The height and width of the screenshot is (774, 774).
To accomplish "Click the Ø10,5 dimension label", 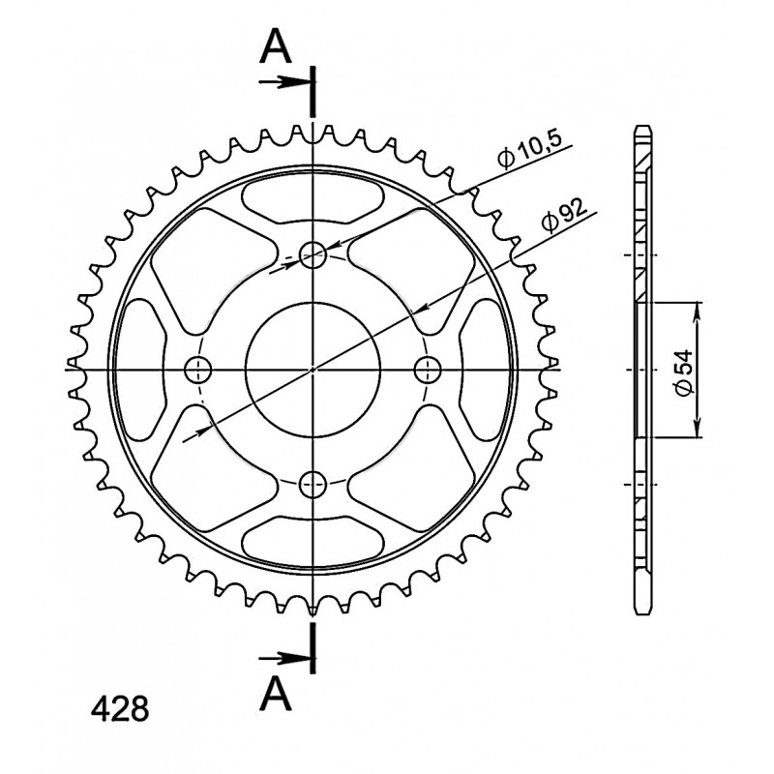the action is [x=529, y=150].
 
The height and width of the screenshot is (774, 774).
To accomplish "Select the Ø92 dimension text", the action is [x=564, y=215].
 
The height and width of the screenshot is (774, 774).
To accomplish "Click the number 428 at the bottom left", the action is [x=120, y=709].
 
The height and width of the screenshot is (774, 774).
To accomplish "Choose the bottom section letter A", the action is [x=276, y=695].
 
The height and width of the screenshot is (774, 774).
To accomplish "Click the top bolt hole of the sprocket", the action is [x=313, y=254].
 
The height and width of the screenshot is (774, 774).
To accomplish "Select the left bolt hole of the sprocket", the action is [x=198, y=370].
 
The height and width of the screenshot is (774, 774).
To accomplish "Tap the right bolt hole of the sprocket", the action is [x=428, y=370].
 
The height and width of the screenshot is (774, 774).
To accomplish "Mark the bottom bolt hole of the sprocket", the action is [x=313, y=485].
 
